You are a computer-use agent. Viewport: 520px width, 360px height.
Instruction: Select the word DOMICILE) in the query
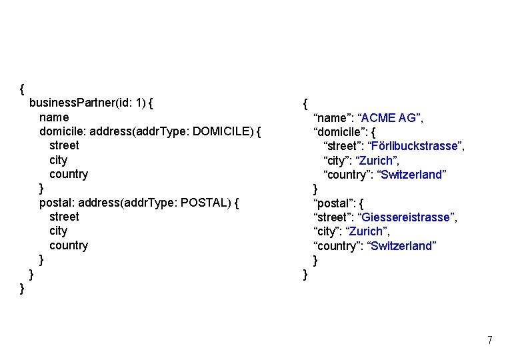222,131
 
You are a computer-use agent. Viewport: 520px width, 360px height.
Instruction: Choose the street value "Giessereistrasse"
407,217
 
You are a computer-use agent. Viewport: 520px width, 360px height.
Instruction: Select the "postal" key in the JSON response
332,203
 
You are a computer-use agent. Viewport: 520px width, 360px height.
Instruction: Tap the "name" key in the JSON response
331,118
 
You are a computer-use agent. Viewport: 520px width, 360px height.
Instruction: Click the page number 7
490,341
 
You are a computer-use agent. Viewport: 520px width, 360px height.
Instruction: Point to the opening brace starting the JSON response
305,104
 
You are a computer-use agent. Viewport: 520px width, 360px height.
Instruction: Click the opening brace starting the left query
23,89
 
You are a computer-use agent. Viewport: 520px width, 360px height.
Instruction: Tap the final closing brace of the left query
23,288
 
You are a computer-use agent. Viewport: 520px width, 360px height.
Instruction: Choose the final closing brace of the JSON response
305,274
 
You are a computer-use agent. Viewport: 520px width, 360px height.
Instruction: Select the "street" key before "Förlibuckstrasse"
342,146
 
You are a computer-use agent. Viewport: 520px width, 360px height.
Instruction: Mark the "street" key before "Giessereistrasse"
332,217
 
